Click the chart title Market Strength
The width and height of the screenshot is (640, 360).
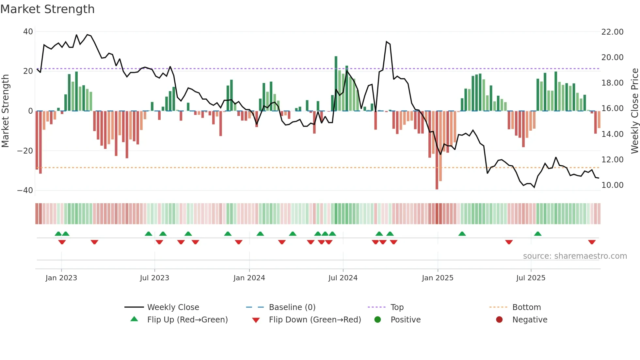(47, 9)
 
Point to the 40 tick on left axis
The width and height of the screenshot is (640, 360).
(28, 32)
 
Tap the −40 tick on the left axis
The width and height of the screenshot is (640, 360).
(25, 190)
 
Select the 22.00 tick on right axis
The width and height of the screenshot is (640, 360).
(612, 32)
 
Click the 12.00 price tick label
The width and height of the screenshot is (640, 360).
(612, 159)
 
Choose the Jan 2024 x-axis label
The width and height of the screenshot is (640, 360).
(249, 278)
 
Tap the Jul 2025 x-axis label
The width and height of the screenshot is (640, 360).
(531, 278)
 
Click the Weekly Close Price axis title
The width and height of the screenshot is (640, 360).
(634, 111)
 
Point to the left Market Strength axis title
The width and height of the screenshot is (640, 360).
(5, 111)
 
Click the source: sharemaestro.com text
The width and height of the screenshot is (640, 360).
(575, 256)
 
